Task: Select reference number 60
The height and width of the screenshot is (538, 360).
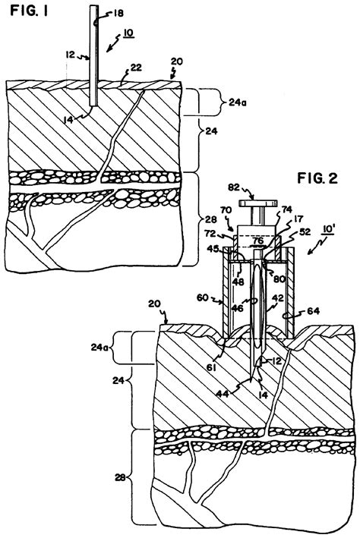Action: (x=203, y=297)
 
